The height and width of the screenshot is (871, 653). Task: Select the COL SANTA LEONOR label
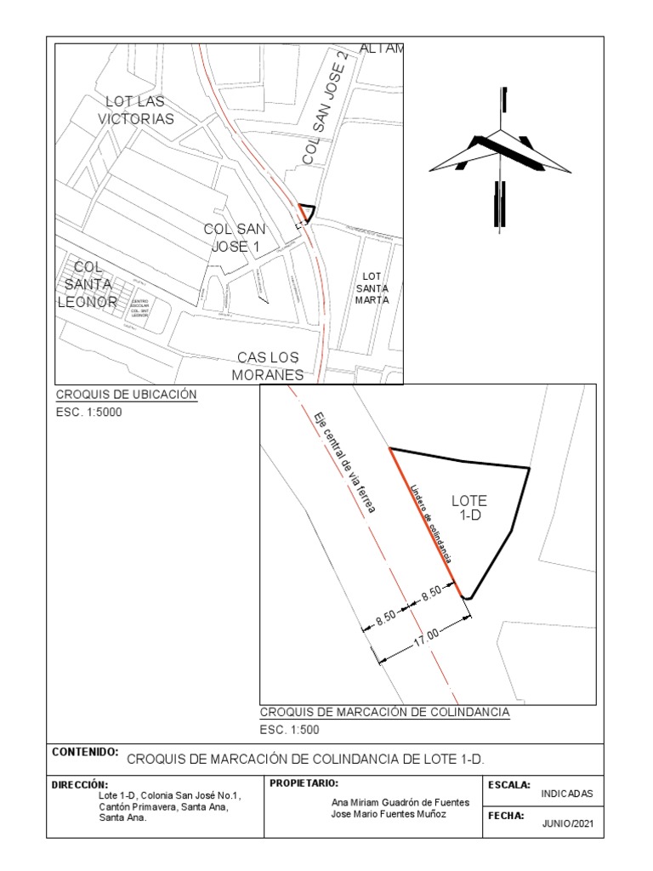(x=88, y=284)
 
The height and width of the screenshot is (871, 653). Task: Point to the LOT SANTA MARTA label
(x=372, y=288)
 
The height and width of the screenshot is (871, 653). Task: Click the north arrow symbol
(x=500, y=158)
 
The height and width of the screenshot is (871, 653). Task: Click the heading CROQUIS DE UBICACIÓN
(x=126, y=395)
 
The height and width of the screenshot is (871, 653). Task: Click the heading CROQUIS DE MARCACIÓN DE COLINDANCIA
(x=384, y=712)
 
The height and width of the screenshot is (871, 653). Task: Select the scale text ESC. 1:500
(x=289, y=730)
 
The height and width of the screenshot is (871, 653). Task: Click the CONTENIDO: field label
(x=84, y=753)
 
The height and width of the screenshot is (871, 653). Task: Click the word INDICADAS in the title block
(x=567, y=793)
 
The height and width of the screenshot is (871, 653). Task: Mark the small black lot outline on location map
(x=305, y=213)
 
